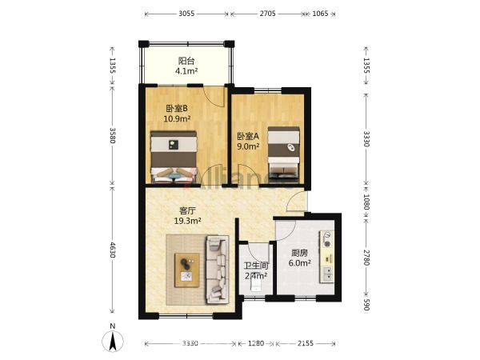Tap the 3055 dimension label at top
pyautogui.click(x=186, y=14)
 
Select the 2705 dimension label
pyautogui.click(x=267, y=14)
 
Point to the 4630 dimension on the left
pyautogui.click(x=112, y=250)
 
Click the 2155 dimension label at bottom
pyautogui.click(x=306, y=343)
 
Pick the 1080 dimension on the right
pyautogui.click(x=366, y=202)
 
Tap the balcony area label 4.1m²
pyautogui.click(x=186, y=71)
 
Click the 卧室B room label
pyautogui.click(x=177, y=108)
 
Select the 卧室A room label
pyautogui.click(x=248, y=136)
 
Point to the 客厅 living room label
pyautogui.click(x=187, y=210)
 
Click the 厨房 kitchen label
pyautogui.click(x=299, y=253)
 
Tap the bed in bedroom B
pyautogui.click(x=174, y=157)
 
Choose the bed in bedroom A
pyautogui.click(x=283, y=152)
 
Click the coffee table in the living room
pyautogui.click(x=186, y=270)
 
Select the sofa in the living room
pyautogui.click(x=218, y=270)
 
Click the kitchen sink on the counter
pyautogui.click(x=327, y=274)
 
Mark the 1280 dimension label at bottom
pyautogui.click(x=256, y=343)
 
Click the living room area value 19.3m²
pyautogui.click(x=187, y=221)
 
